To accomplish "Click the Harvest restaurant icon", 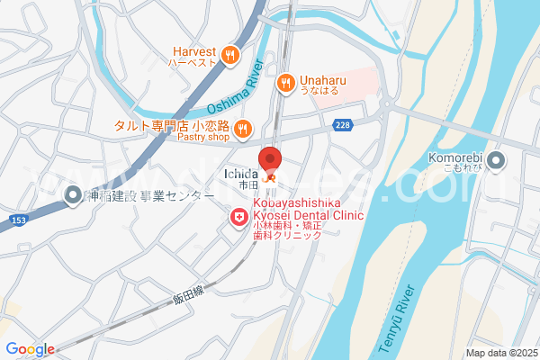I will click(x=230, y=54).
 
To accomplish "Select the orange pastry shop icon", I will click(x=242, y=132).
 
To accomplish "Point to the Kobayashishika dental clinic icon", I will click(x=238, y=217).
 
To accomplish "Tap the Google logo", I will click(x=30, y=349).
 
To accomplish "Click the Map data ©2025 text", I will click(x=500, y=353).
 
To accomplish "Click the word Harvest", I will click(x=193, y=50).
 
